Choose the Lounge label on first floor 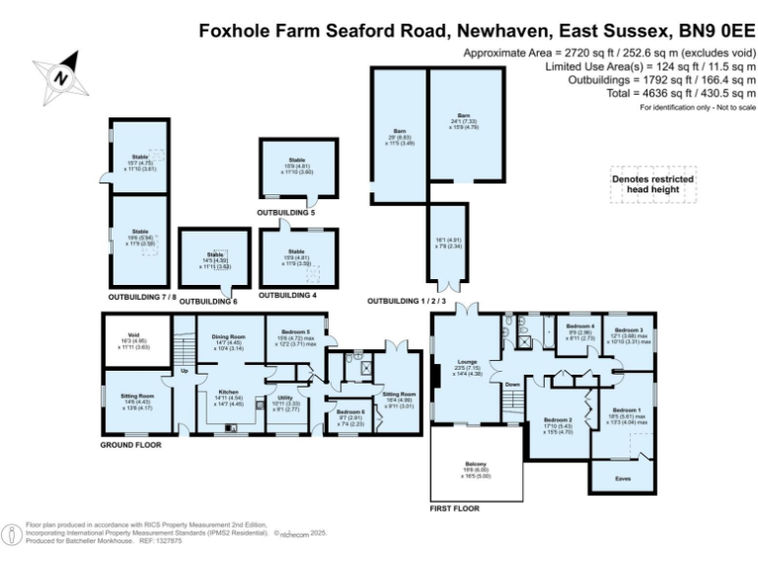point(466,362)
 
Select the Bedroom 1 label point(627,409)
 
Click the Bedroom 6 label point(350,412)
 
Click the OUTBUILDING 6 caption point(209,300)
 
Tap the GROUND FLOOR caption point(130,445)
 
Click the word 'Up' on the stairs point(184,372)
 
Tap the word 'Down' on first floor point(512,385)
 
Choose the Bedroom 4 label point(580,326)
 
